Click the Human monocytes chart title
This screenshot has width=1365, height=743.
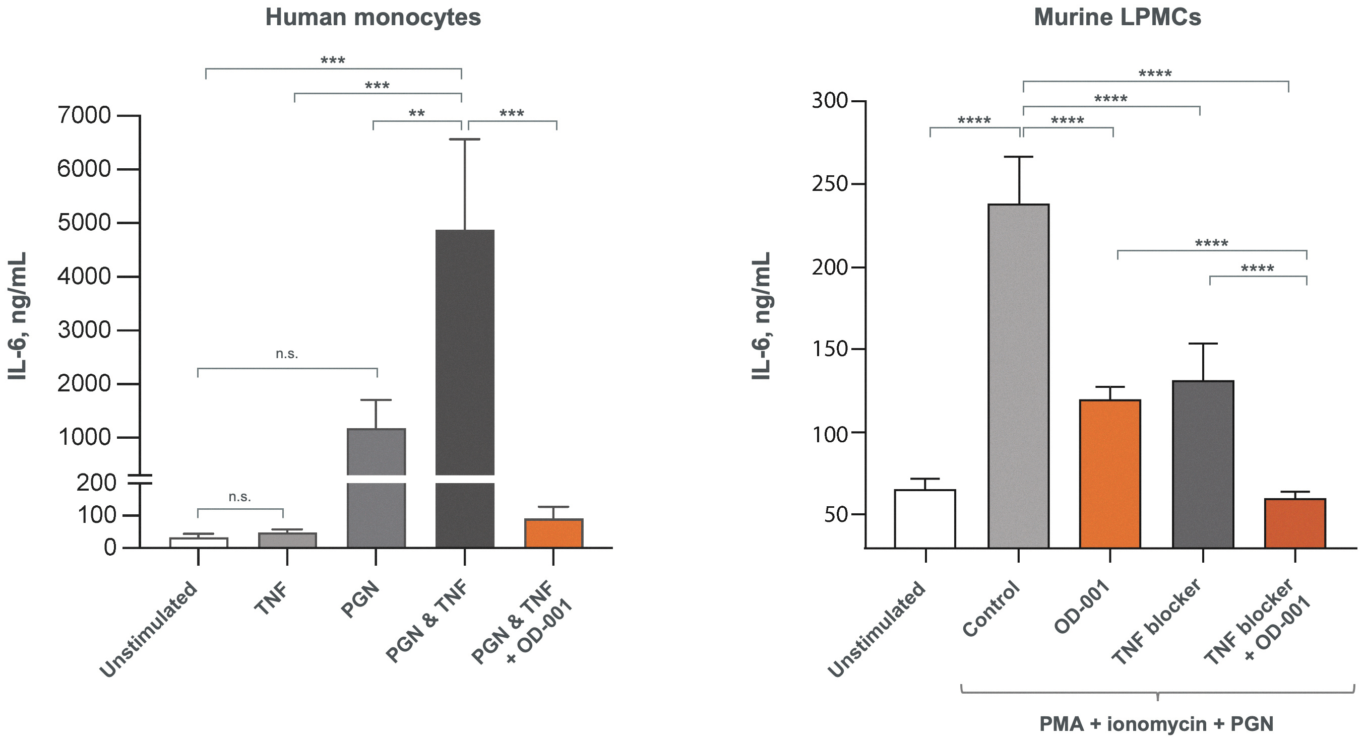[373, 18]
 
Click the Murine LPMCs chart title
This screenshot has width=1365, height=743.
[1117, 18]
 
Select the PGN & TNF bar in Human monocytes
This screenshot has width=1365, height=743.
[465, 388]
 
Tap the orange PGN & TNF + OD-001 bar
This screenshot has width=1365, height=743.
[554, 533]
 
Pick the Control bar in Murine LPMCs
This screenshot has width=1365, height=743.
[1018, 375]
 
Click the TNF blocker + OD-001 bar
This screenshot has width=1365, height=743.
[1295, 523]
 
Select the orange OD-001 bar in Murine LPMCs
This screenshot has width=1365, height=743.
[1110, 474]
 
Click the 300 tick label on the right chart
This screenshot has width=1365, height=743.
[830, 101]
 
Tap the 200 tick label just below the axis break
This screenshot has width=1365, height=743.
[96, 483]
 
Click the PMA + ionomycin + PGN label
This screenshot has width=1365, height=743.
[1156, 723]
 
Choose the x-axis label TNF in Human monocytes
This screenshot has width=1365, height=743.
[271, 598]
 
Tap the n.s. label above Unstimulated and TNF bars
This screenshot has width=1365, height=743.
[239, 497]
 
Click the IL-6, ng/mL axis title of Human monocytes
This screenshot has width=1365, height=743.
[18, 316]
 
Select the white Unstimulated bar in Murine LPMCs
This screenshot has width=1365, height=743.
[925, 518]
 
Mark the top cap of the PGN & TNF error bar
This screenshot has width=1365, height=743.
[465, 139]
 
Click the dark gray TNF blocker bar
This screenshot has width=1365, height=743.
[1203, 464]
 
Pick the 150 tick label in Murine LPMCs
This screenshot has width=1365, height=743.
[830, 350]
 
